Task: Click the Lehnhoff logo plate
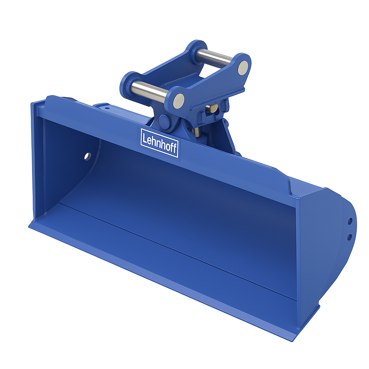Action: [159, 142]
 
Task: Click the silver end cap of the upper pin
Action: [243, 67]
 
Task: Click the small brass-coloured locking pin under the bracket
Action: [213, 108]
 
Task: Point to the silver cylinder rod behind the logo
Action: [197, 132]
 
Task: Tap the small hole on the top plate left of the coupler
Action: [107, 107]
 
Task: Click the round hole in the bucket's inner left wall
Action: [88, 156]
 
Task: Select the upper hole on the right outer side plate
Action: [350, 221]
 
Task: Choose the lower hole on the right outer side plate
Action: [349, 237]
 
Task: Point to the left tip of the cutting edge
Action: [30, 226]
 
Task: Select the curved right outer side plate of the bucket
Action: [324, 252]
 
